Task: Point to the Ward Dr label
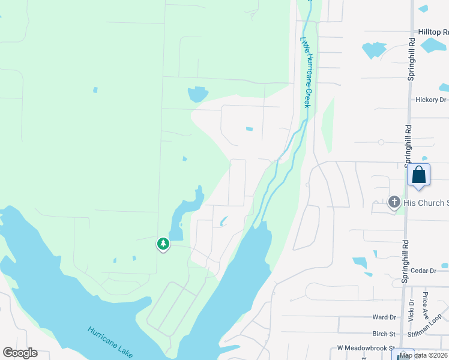pos(384,317)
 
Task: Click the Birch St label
pos(384,334)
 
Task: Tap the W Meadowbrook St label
pos(364,347)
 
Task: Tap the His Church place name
pos(426,202)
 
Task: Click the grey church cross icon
pos(394,202)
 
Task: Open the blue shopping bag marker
pos(418,175)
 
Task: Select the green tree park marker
pos(163,244)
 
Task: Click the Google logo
pos(20,353)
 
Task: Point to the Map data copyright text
pos(423,355)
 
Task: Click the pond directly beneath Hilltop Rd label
pos(433,45)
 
